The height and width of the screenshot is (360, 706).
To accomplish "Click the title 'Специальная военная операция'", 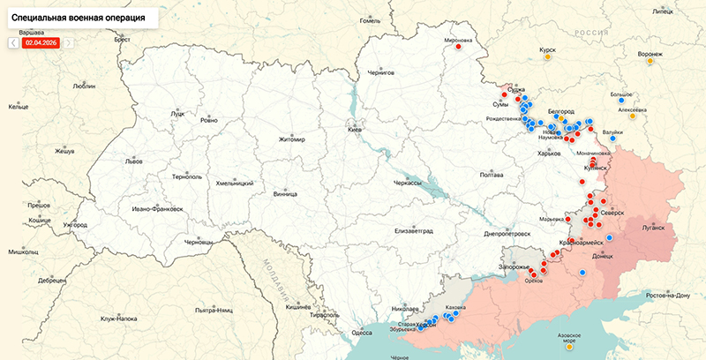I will pos(77,17).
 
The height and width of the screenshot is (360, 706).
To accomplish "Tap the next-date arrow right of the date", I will pos(69,41).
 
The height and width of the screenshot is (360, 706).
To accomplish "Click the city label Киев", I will pos(356,130).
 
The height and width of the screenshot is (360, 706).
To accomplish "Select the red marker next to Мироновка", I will pos(460,50).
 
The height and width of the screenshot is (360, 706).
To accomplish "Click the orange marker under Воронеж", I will pos(650,61).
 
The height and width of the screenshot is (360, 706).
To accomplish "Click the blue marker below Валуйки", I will pos(612,139).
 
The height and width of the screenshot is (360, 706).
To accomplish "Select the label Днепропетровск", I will pos(506,234).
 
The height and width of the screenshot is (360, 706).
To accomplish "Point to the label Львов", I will pos(133,161).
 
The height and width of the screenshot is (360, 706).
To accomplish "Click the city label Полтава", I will pos(491,175).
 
